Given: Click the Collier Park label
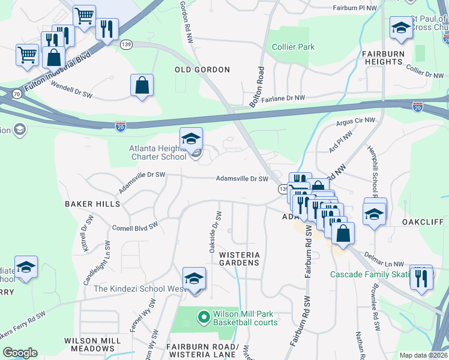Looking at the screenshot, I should click(293, 47).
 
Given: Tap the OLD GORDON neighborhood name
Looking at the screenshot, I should click(202, 70).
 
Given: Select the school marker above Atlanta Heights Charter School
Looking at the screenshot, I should click(191, 139).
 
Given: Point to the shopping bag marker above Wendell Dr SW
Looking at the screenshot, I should click(142, 85).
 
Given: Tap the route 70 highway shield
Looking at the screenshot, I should click(16, 94).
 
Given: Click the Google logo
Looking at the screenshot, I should click(20, 353).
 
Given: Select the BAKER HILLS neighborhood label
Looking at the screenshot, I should click(92, 204).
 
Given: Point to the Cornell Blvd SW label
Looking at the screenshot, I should click(134, 227).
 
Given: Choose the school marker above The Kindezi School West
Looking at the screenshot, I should click(194, 278).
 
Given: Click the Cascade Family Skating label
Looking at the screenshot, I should click(368, 275).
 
